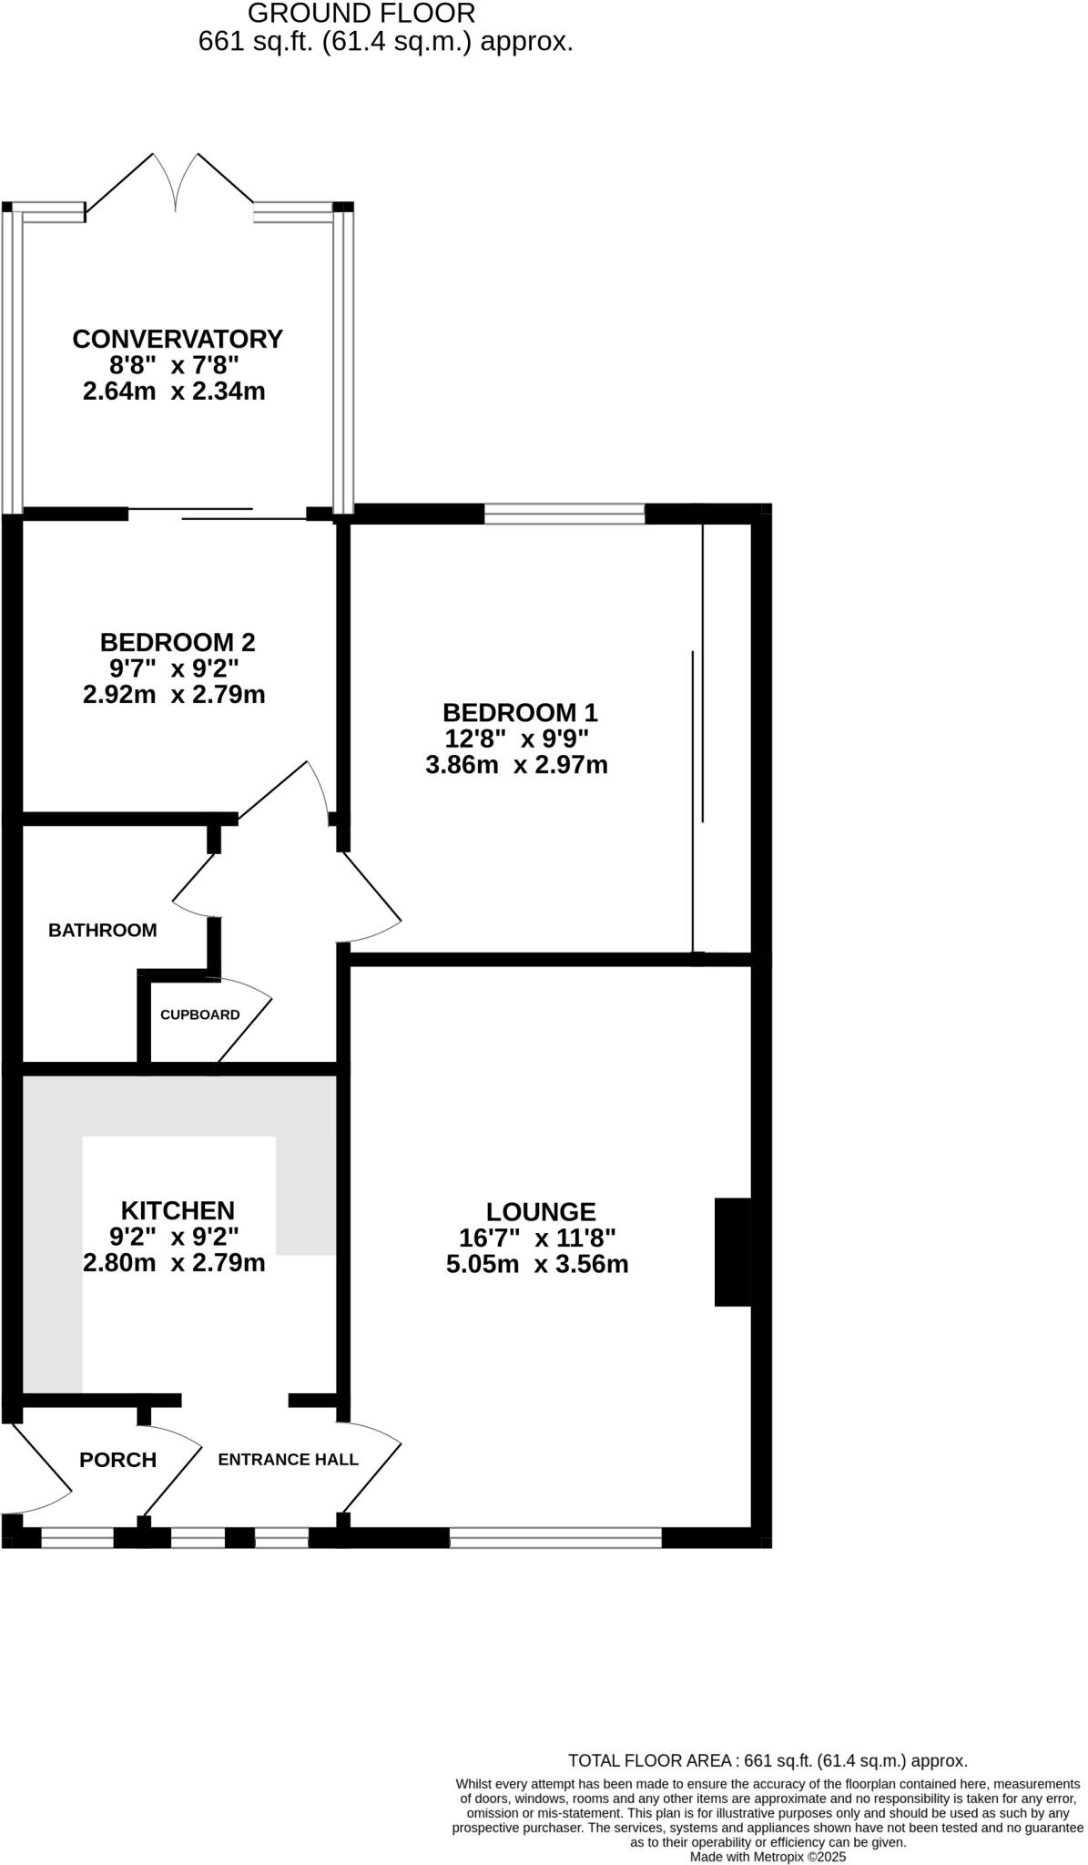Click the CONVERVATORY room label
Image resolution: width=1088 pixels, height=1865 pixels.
coord(178,339)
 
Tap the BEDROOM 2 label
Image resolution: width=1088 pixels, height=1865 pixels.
coord(178,642)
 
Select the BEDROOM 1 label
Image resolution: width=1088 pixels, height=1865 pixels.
coord(520,712)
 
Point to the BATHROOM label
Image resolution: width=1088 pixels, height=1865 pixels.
coord(103,931)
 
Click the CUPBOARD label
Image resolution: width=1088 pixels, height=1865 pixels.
coord(200,1014)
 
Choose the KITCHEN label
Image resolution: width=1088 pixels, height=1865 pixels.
coord(178,1210)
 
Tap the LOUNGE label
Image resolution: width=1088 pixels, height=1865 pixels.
coord(541,1211)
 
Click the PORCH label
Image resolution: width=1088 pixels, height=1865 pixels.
coord(118,1460)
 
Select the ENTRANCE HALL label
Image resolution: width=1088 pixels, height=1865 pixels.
coord(288,1460)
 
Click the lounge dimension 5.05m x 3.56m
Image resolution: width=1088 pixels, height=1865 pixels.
coord(537,1264)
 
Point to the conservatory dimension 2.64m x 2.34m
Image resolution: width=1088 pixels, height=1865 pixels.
coord(174,392)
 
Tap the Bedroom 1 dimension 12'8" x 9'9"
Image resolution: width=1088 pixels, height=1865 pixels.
coord(516,739)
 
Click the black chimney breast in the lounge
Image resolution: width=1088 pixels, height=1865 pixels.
coord(733,1252)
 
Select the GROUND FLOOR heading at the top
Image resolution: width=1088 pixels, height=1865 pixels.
coord(361,14)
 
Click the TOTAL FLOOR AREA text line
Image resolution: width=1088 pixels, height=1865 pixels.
coord(768,1761)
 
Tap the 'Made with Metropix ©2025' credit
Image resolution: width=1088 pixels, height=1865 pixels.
coord(768,1856)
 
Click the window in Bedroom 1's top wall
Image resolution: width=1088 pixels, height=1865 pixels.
coord(564,515)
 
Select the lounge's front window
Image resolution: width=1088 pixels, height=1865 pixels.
coord(555,1538)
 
